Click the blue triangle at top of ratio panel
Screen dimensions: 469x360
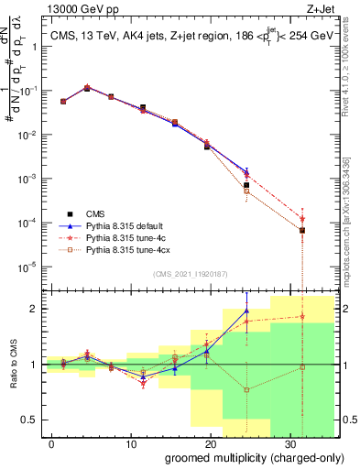246,311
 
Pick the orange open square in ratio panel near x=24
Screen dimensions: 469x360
246,389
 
